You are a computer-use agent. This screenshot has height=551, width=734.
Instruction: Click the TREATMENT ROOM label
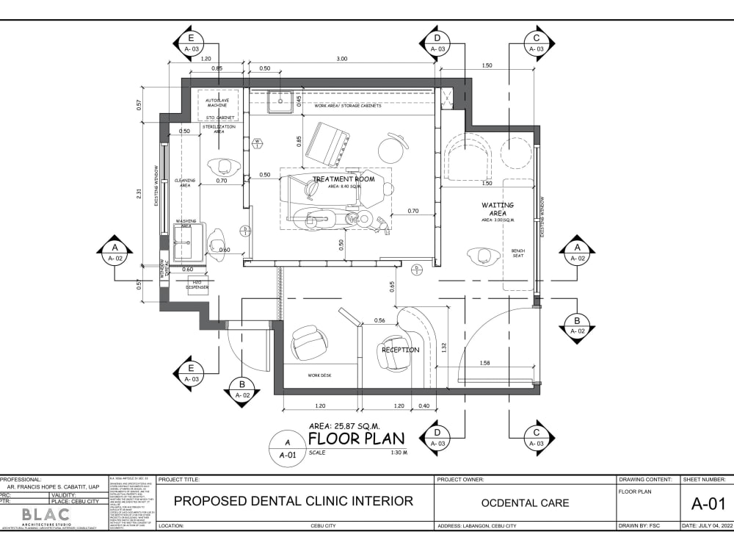pos(344,179)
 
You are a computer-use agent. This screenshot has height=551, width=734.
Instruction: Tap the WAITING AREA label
pos(498,209)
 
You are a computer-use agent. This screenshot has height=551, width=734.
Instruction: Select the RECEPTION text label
pos(400,350)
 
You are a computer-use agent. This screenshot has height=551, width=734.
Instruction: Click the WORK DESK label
pos(319,375)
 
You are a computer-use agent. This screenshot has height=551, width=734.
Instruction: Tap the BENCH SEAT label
pos(518,253)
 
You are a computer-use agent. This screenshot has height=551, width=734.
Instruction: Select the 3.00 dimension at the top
pos(342,59)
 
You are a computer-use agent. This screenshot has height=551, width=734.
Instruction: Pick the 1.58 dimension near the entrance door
pos(484,363)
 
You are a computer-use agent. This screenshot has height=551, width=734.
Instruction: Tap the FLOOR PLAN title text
pos(356,439)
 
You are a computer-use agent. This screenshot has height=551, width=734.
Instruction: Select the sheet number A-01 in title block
pos(708,503)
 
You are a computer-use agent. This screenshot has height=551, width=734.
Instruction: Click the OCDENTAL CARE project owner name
pos(525,503)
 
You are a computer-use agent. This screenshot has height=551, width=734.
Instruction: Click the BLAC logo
pos(46,514)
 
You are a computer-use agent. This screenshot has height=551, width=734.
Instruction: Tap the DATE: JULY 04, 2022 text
pos(708,526)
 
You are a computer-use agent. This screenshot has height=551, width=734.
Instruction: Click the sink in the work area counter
pos(280,102)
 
